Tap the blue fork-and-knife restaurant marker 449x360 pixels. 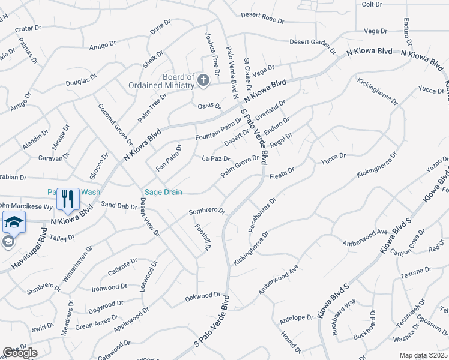[68, 199]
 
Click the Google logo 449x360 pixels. [20, 353]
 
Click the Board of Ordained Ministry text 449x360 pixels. [162, 81]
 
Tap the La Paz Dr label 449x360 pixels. [216, 159]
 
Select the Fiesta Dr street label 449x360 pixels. [282, 170]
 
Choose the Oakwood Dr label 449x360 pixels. [203, 296]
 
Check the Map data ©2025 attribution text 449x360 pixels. [423, 355]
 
